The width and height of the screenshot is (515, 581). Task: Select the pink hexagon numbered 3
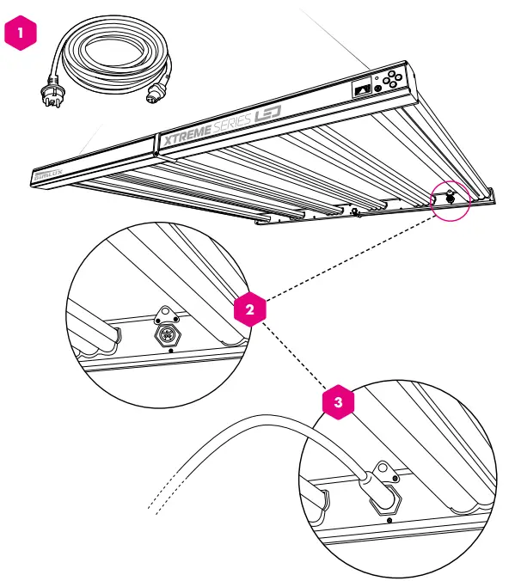click(338, 402)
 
